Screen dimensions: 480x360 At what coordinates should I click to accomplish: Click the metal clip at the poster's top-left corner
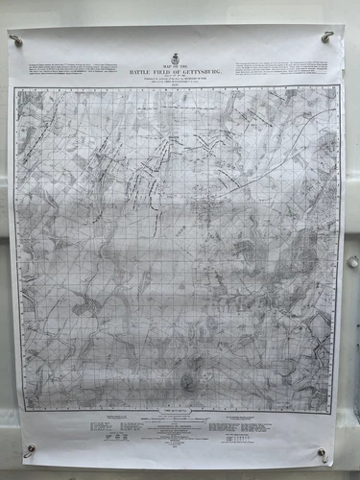[17, 40]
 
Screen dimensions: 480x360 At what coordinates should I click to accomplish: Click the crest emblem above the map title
[175, 60]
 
